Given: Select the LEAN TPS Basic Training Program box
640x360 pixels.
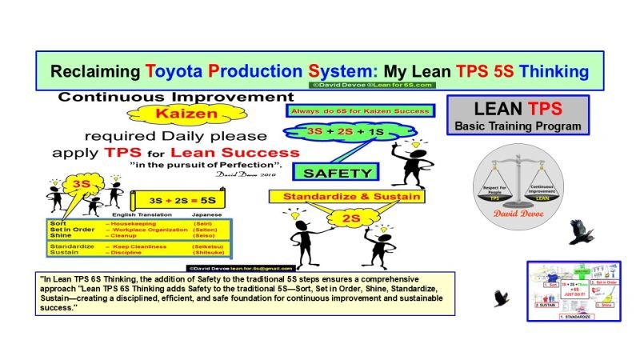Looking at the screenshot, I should [517, 115].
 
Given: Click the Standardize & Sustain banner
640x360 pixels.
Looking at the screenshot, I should [350, 195].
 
